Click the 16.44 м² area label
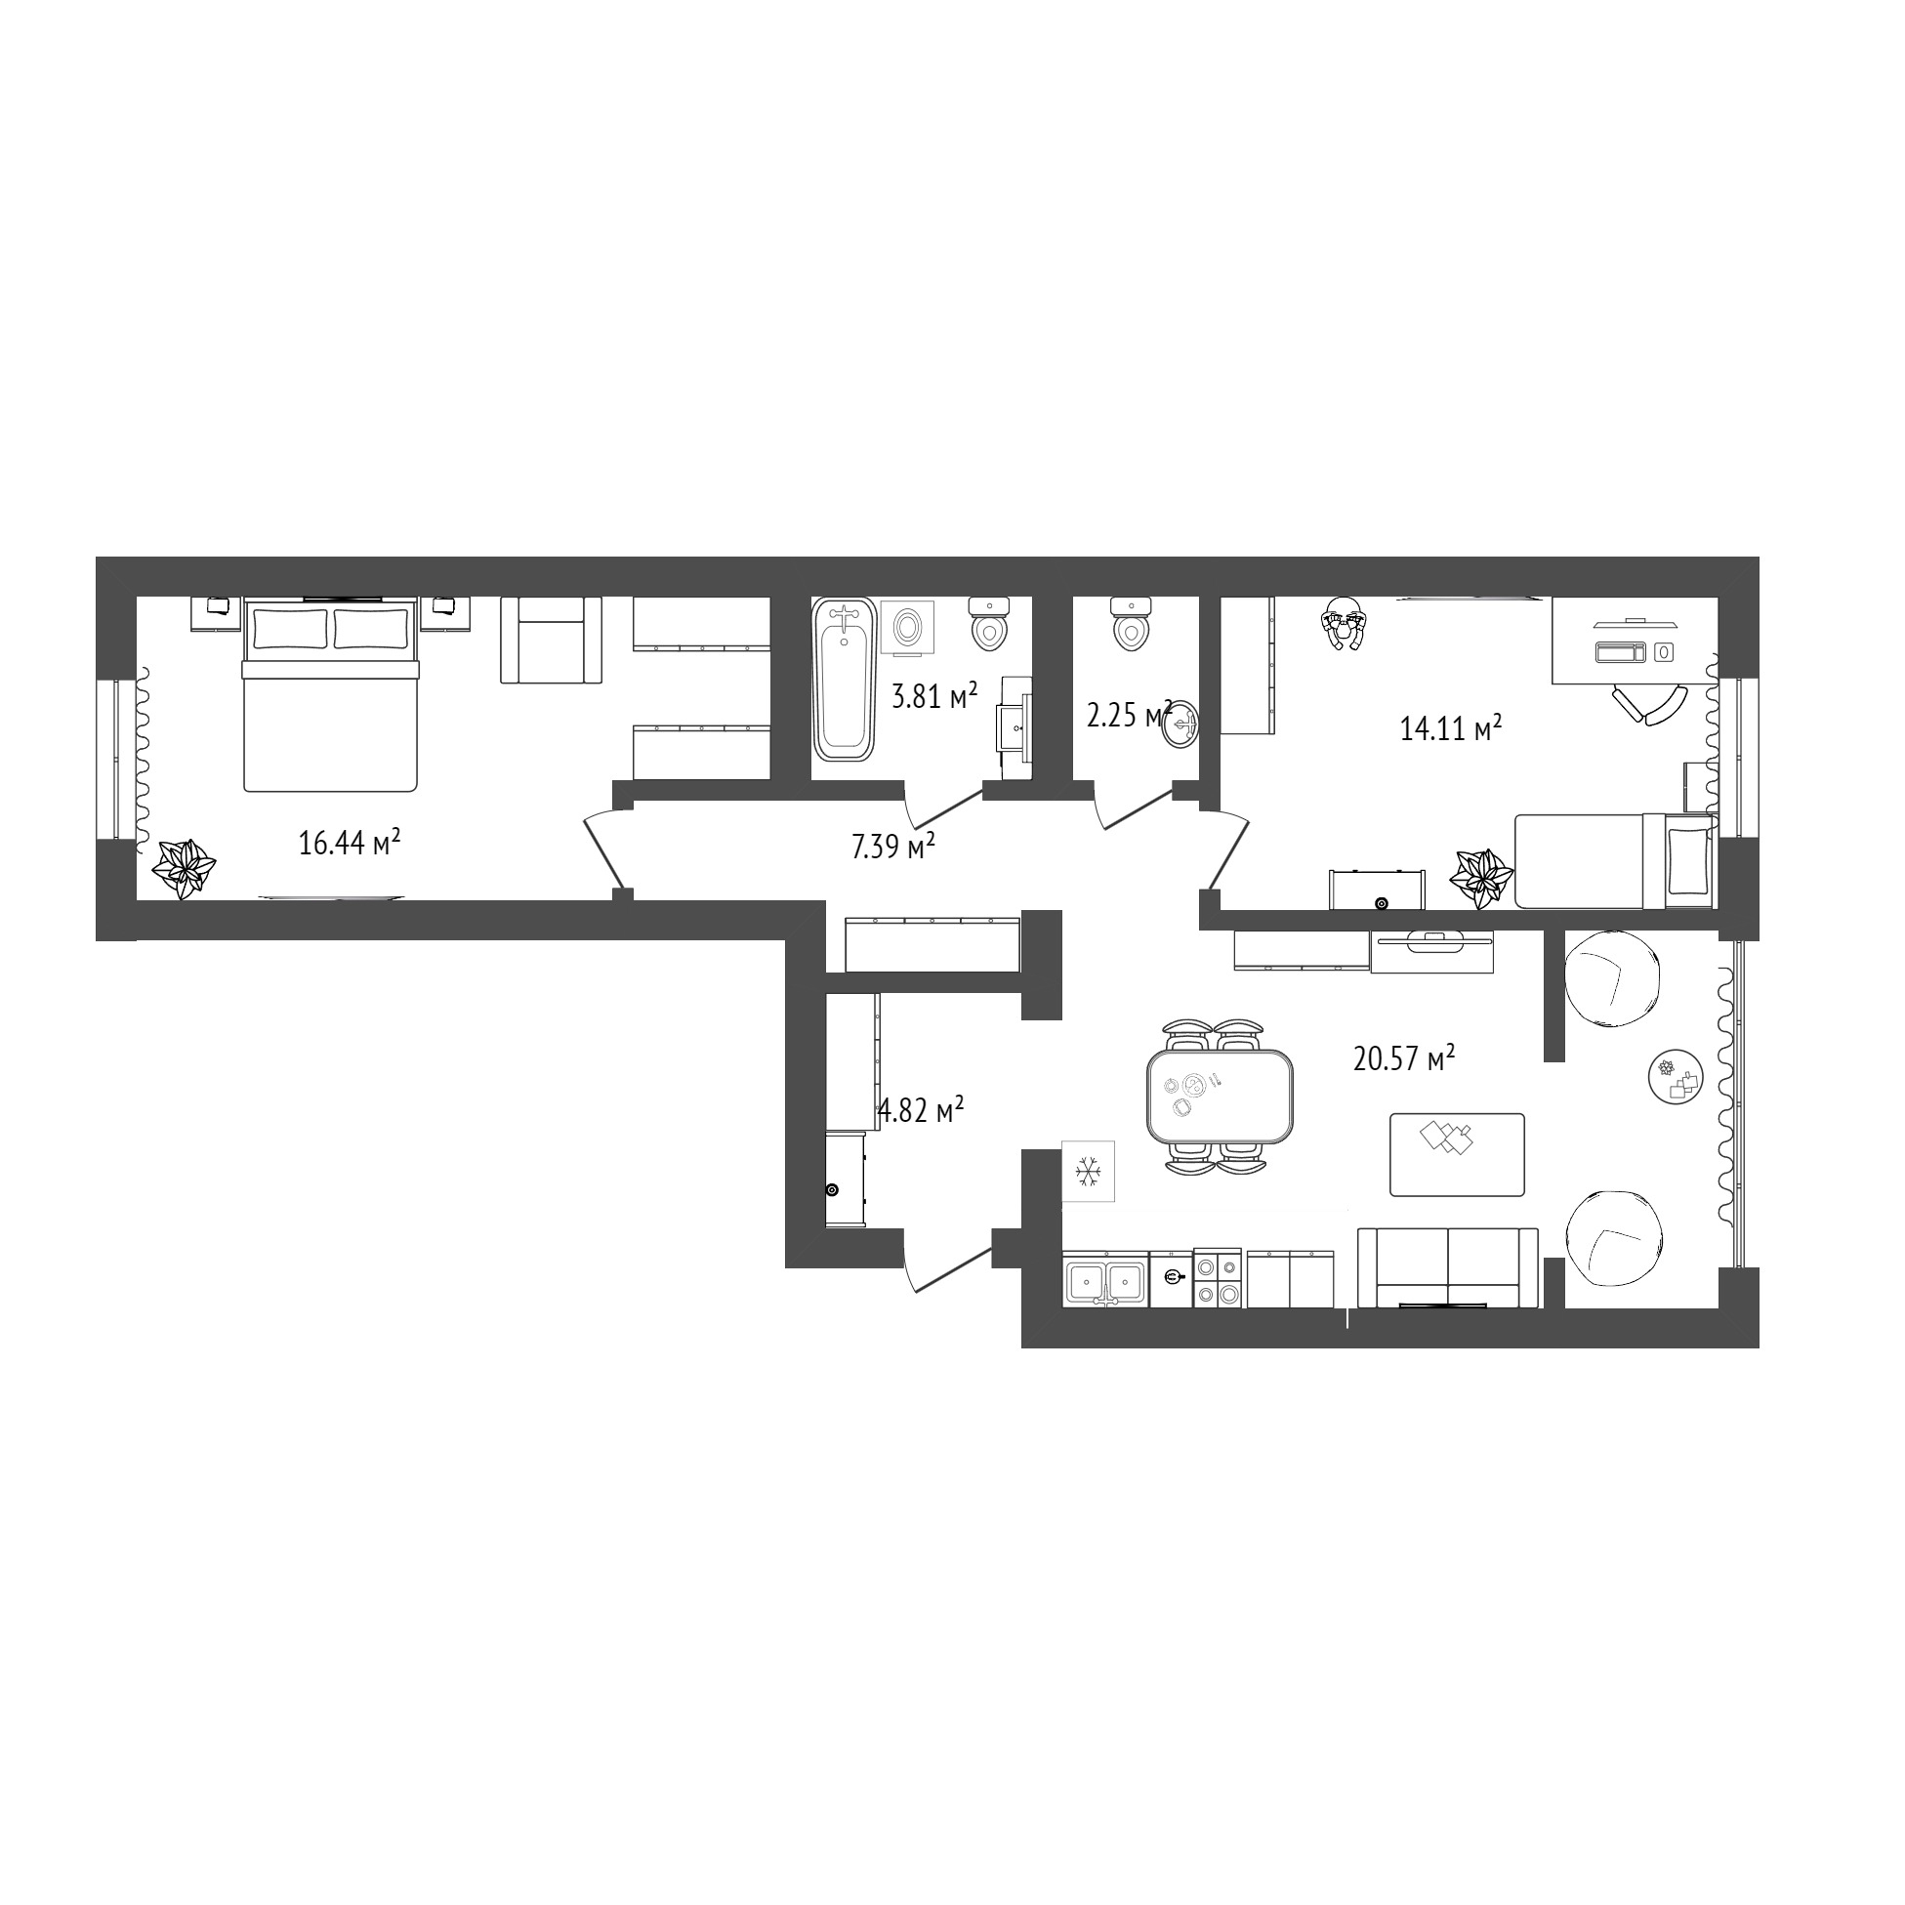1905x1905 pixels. click(349, 843)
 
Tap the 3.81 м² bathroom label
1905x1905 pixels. click(933, 697)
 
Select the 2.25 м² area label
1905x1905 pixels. click(1129, 715)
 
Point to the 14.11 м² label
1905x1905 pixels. click(1450, 728)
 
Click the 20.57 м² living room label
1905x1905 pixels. click(1404, 1059)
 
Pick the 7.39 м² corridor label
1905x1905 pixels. click(893, 846)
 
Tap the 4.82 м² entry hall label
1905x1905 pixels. click(920, 1110)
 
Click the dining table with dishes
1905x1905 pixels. click(1220, 1096)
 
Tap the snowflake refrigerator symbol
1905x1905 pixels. click(1088, 1172)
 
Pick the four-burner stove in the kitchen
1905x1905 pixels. click(1218, 1279)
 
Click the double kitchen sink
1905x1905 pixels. click(1104, 1281)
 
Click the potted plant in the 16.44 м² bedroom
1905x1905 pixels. click(184, 869)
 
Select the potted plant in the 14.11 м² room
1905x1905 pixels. click(1481, 879)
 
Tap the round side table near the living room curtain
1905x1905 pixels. click(1676, 1077)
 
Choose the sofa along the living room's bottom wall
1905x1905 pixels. click(1447, 1268)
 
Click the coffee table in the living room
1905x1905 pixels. click(1457, 1155)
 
